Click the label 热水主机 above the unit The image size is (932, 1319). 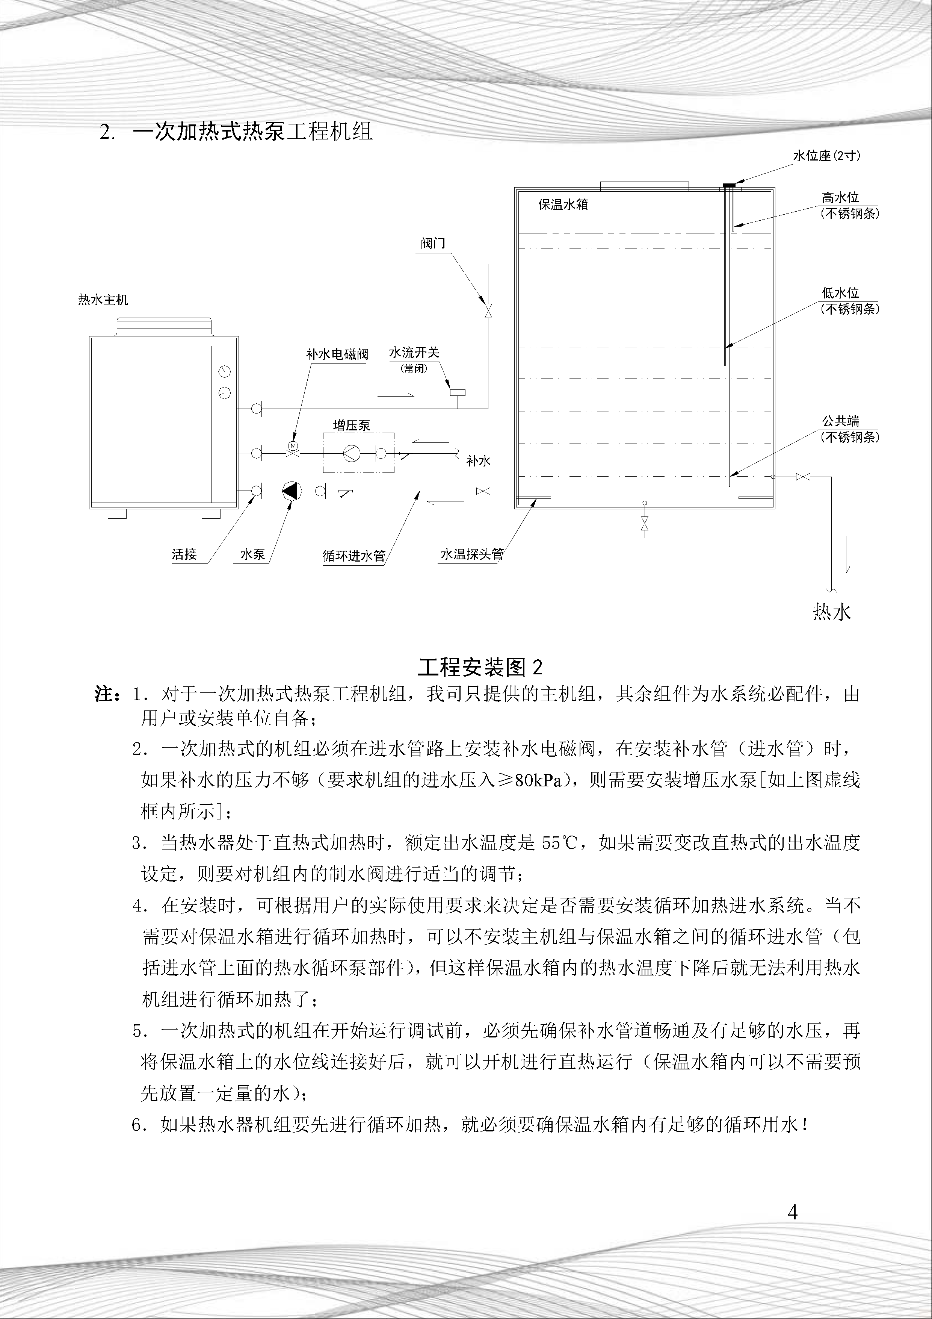click(103, 300)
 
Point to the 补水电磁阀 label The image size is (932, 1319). click(337, 354)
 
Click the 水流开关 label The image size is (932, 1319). click(414, 353)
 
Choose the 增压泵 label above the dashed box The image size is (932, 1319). click(352, 426)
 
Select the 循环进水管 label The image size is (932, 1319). click(354, 556)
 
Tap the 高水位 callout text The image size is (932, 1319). click(840, 198)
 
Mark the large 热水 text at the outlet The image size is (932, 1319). click(831, 612)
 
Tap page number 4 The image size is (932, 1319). click(793, 1213)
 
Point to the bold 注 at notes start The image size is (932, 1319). click(106, 695)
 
